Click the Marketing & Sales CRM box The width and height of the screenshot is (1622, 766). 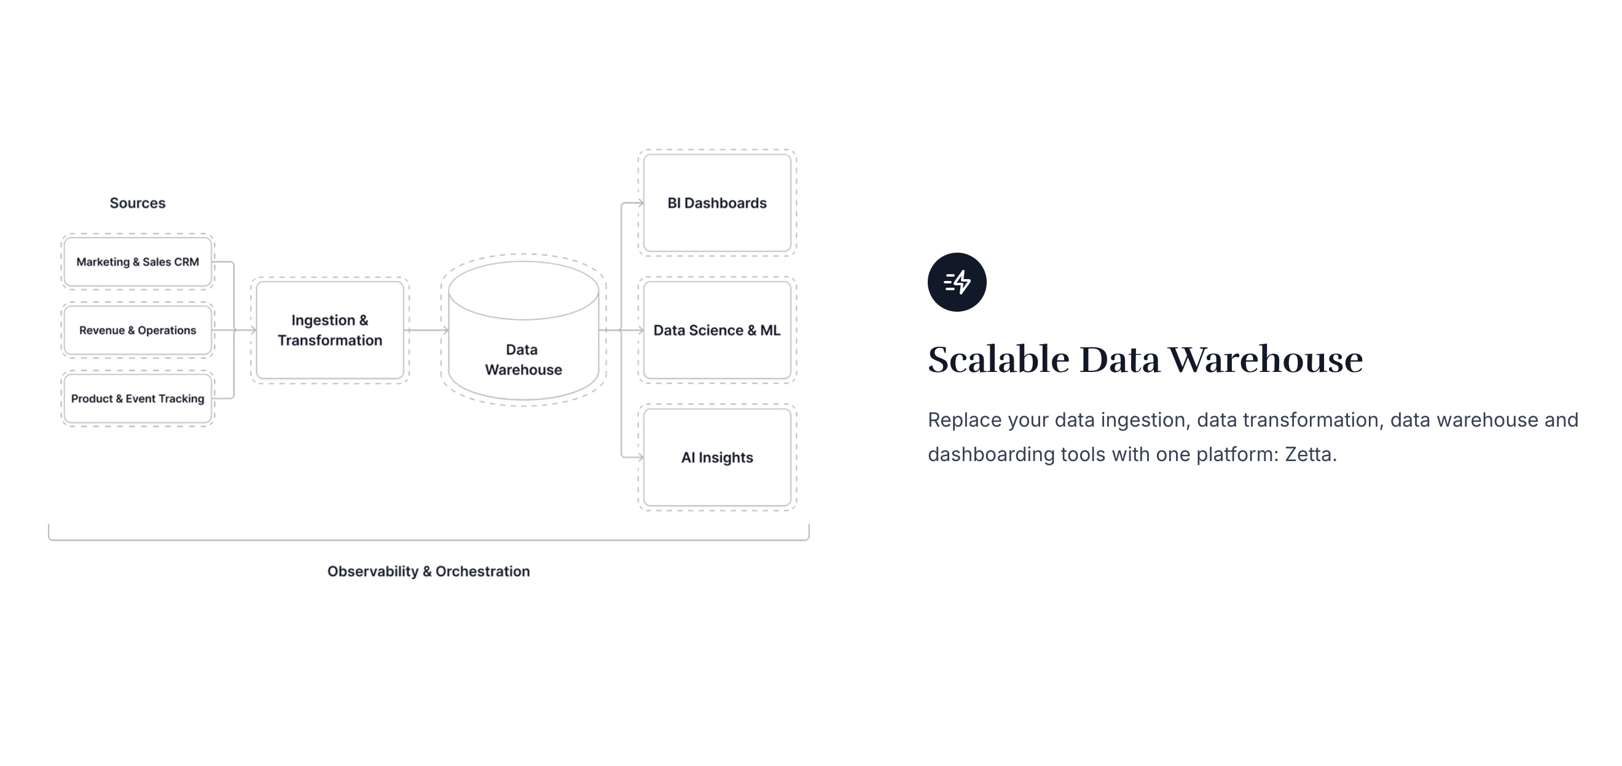[x=138, y=261]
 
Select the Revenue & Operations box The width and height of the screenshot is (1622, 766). [x=138, y=330]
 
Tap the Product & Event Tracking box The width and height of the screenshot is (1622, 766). [x=138, y=399]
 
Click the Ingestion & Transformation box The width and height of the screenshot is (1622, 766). [x=330, y=330]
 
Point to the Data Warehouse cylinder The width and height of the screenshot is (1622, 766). [x=523, y=330]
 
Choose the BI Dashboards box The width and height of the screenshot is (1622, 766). [x=717, y=203]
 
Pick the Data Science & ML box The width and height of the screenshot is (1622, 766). [x=717, y=330]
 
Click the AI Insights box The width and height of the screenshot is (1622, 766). [x=717, y=457]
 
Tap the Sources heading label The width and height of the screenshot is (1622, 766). [x=137, y=203]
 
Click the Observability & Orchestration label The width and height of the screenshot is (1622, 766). [x=429, y=571]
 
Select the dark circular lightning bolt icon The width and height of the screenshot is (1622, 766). [x=957, y=282]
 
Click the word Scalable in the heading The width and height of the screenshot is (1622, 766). [x=998, y=360]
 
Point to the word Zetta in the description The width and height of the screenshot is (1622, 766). [x=1309, y=454]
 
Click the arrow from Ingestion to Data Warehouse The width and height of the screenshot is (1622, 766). [x=426, y=330]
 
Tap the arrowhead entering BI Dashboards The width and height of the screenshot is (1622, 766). [x=640, y=203]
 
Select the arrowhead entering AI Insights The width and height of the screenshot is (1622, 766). [x=640, y=457]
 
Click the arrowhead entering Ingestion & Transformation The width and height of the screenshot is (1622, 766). [x=253, y=330]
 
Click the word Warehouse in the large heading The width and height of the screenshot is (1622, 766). [x=1266, y=360]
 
